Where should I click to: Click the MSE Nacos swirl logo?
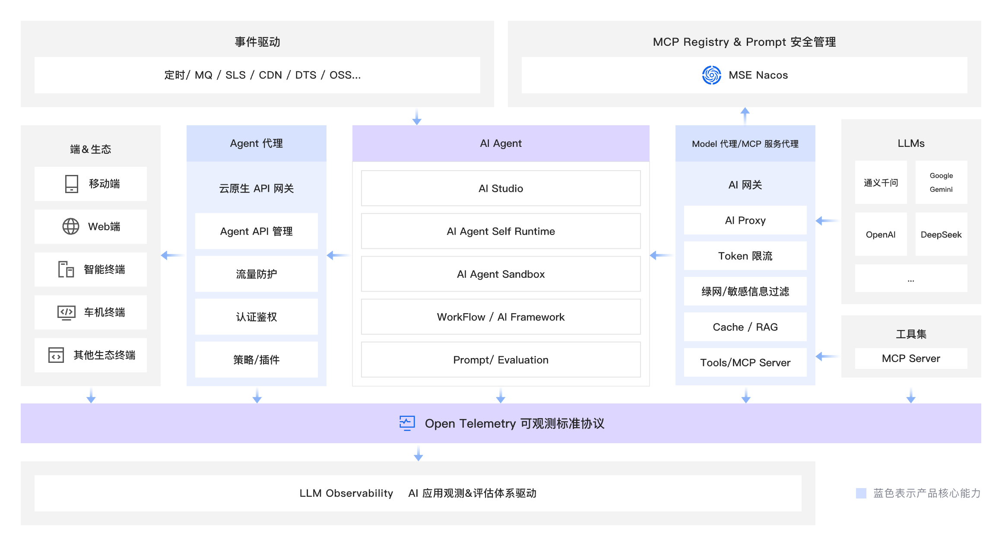(x=711, y=75)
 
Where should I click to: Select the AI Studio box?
(x=501, y=188)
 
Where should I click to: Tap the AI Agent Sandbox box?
(x=501, y=274)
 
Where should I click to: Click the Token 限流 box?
(x=745, y=256)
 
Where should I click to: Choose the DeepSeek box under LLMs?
(x=941, y=234)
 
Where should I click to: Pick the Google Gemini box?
(x=941, y=182)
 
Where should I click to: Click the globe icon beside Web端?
(x=71, y=226)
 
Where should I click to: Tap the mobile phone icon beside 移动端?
(x=71, y=184)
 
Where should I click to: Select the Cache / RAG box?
(x=745, y=327)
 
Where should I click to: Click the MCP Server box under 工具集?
(x=911, y=358)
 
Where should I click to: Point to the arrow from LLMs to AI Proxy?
(x=827, y=221)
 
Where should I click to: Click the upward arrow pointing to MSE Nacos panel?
(x=745, y=115)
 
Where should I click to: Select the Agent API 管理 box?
(x=256, y=231)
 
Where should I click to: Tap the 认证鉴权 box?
(x=256, y=317)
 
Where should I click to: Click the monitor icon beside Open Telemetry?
(x=407, y=423)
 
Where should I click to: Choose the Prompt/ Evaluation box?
(x=501, y=360)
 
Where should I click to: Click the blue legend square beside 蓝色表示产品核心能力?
(x=861, y=493)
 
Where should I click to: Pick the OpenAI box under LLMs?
(x=881, y=234)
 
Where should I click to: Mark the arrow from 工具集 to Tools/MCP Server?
(x=827, y=356)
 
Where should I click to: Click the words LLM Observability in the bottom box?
(x=346, y=493)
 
